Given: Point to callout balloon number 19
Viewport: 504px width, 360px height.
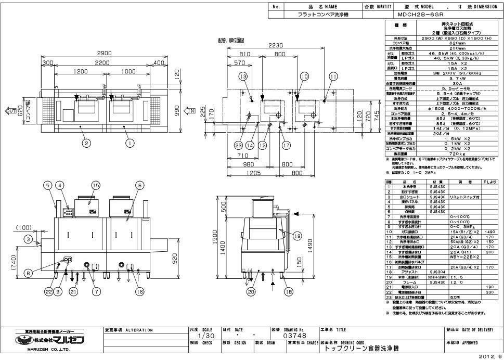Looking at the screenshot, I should coord(297,236).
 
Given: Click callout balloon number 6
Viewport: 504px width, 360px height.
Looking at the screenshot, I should coord(139,185).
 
